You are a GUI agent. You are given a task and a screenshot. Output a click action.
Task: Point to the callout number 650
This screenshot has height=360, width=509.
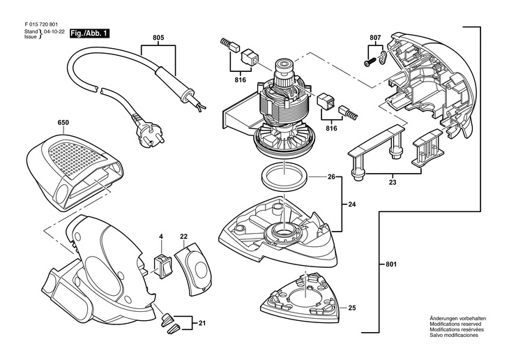[x=63, y=123]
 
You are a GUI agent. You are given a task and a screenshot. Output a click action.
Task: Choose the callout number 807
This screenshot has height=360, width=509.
[x=375, y=36]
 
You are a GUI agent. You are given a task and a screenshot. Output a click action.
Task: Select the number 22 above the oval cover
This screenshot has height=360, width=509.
[x=184, y=237]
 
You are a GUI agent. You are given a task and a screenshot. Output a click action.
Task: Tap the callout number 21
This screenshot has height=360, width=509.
[x=202, y=324]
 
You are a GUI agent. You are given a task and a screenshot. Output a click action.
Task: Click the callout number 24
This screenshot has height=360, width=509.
[x=351, y=205]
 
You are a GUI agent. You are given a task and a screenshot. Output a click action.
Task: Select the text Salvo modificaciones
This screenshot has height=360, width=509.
[x=454, y=336]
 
